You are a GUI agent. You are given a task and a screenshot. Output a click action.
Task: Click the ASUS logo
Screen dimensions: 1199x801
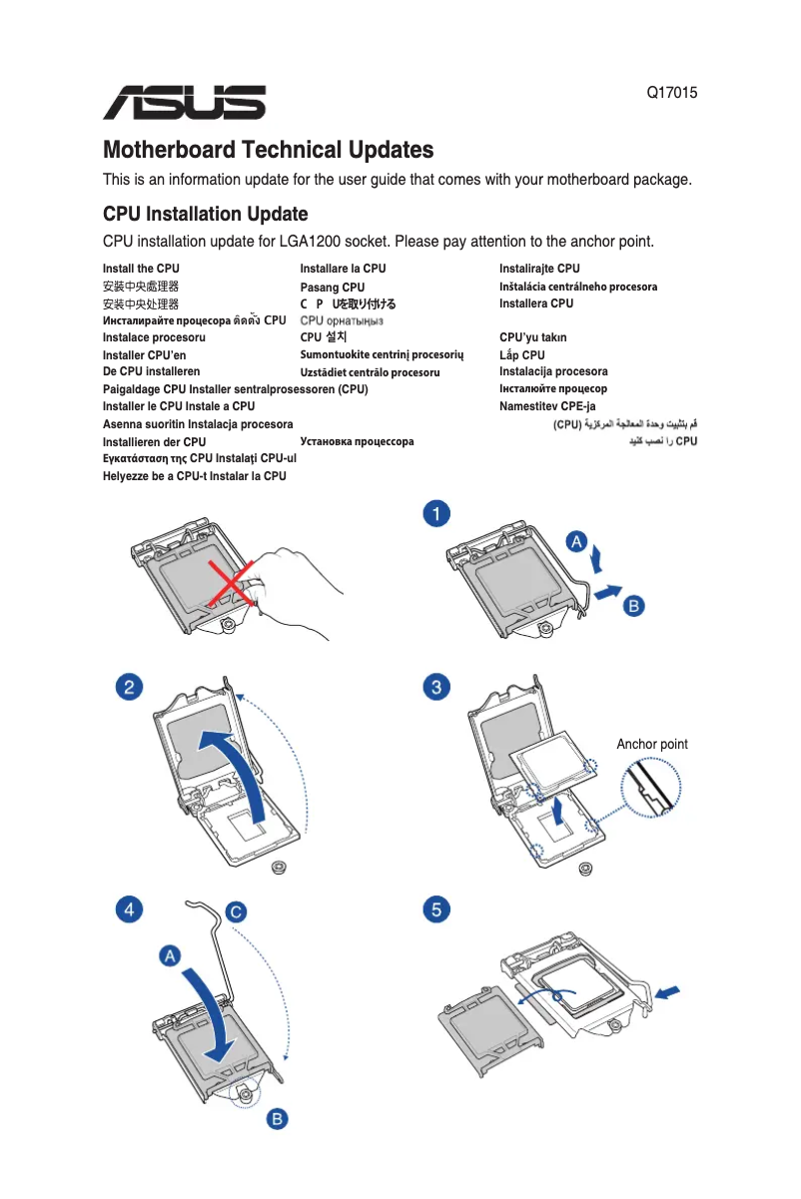185,102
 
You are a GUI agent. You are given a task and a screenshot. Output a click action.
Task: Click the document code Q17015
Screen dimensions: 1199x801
671,94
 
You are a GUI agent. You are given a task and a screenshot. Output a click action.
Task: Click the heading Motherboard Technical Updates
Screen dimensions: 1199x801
269,151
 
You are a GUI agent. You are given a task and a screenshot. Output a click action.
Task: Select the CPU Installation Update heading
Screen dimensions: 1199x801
205,215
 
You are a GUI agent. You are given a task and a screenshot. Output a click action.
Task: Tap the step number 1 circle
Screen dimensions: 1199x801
435,514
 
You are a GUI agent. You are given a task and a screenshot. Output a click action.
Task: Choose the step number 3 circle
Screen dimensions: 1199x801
435,687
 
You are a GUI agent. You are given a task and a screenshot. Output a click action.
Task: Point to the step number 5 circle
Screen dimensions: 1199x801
435,909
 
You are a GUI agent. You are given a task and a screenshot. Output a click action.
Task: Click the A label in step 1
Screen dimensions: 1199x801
577,541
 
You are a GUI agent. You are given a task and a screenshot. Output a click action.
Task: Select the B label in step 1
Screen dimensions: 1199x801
633,606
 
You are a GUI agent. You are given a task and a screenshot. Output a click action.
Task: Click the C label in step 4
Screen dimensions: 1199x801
235,911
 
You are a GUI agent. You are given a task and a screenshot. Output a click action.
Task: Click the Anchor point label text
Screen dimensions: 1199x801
651,745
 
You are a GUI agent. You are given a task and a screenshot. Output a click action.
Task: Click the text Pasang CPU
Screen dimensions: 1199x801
333,288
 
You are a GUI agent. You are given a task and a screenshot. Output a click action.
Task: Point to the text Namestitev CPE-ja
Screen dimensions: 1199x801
547,406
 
